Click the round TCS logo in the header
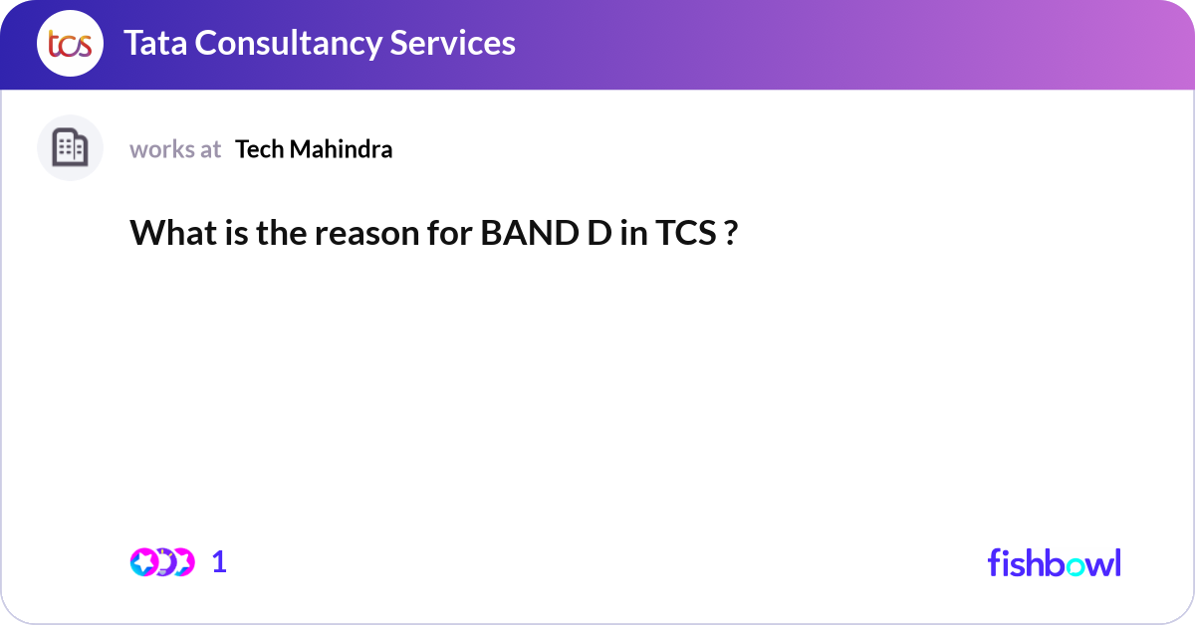coord(70,44)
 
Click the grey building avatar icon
coord(70,148)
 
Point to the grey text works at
coord(175,149)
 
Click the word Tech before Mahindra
coord(258,149)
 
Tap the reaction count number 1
coord(219,562)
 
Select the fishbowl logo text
coord(1054,562)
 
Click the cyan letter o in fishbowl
coord(1075,565)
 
